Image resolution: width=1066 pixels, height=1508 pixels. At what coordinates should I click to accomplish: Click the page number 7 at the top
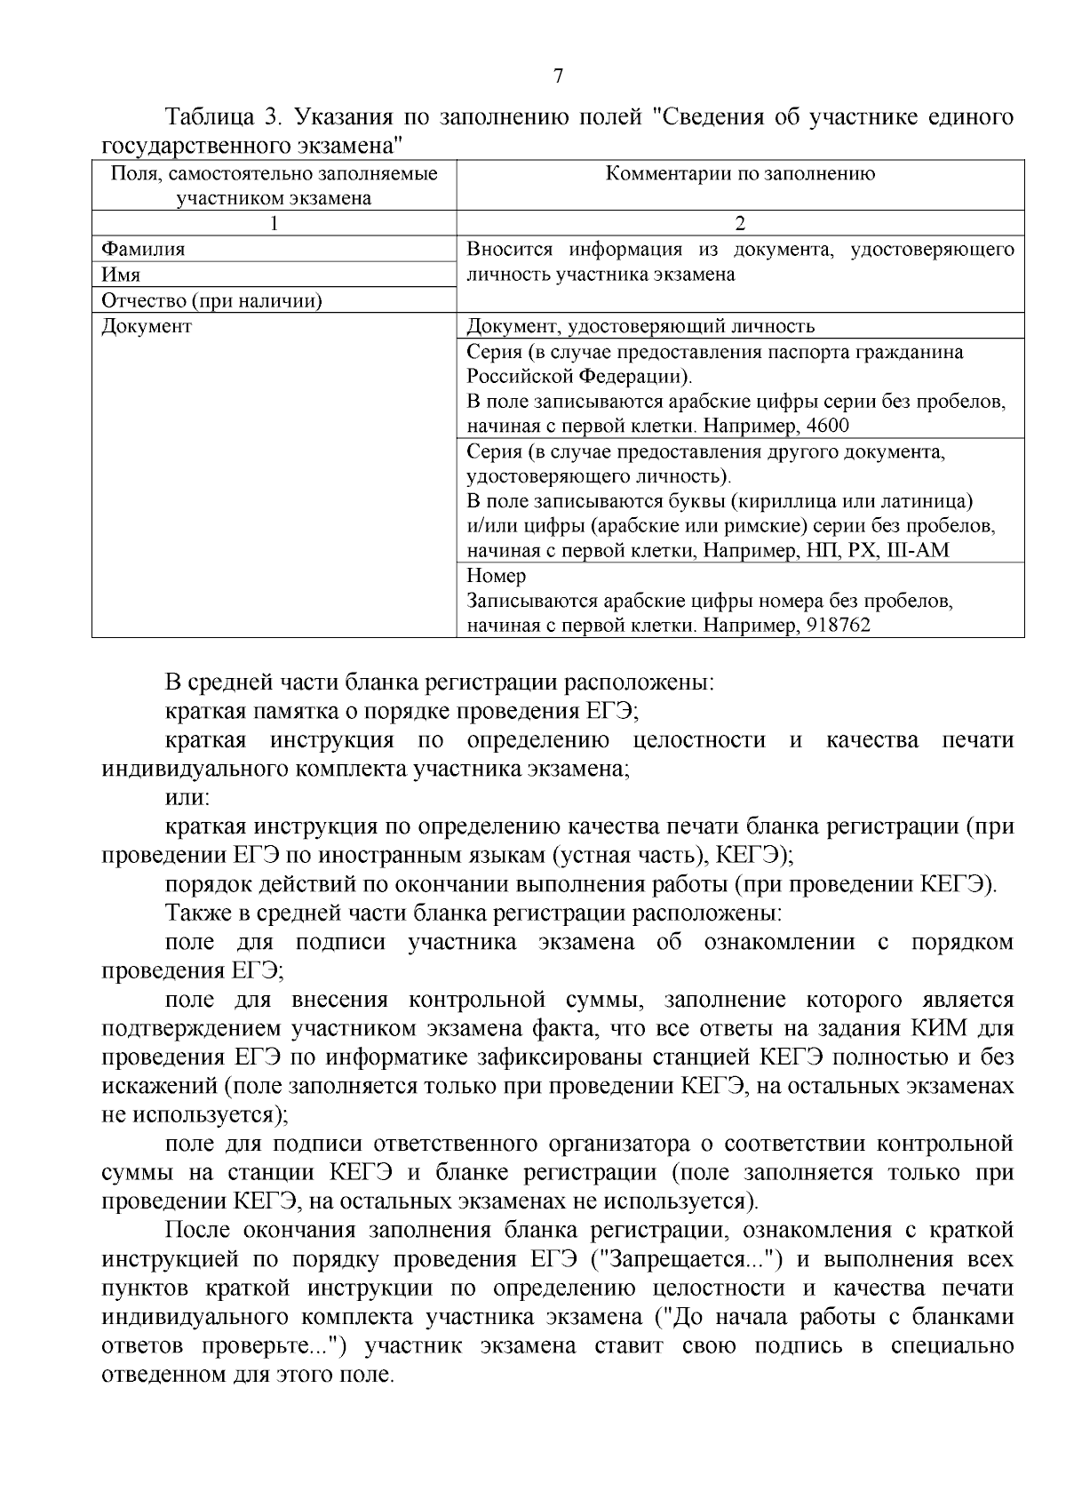558,76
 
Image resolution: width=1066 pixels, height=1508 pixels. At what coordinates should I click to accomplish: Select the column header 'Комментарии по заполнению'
740,174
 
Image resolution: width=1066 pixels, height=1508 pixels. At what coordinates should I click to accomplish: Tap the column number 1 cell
274,224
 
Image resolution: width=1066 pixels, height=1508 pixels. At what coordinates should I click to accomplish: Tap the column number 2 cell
740,224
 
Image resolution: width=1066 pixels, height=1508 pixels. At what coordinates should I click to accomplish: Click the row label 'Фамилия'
144,250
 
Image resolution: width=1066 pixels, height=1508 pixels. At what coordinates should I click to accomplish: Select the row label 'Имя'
121,275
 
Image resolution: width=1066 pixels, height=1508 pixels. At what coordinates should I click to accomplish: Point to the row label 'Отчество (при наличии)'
211,301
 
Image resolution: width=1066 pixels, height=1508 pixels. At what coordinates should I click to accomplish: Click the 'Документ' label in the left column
147,327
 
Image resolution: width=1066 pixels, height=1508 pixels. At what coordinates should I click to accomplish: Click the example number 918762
838,626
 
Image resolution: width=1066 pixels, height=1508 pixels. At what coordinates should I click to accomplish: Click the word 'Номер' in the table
497,576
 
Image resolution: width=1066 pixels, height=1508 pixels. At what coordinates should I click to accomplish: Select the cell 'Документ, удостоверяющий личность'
640,327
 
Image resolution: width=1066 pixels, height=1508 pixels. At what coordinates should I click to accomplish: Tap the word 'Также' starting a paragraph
195,914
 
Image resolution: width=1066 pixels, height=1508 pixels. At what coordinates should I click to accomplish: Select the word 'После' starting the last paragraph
198,1231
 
